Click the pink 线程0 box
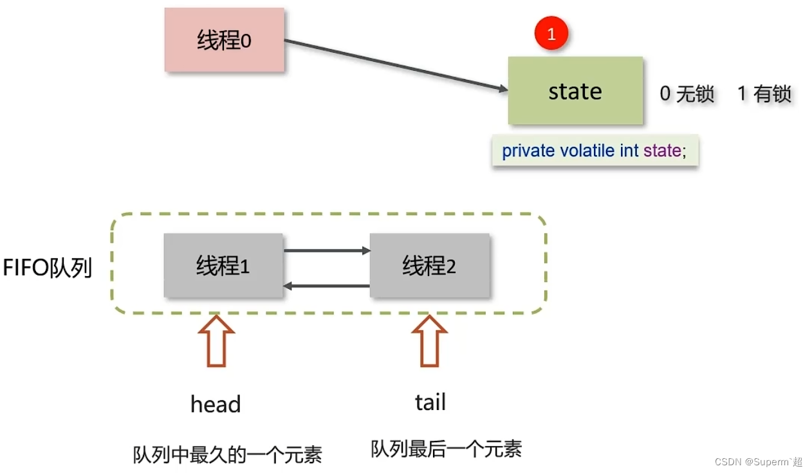pyautogui.click(x=224, y=40)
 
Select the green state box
pyautogui.click(x=575, y=91)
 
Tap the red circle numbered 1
pyautogui.click(x=551, y=34)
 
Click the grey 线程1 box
pyautogui.click(x=223, y=265)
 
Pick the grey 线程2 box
pyautogui.click(x=429, y=265)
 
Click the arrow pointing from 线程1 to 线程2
pyautogui.click(x=327, y=250)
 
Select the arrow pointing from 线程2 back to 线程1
pyautogui.click(x=327, y=285)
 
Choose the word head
pyautogui.click(x=216, y=405)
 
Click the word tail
pyautogui.click(x=430, y=403)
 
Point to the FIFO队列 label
pyautogui.click(x=48, y=268)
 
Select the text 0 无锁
pyautogui.click(x=687, y=94)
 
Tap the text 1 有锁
pyautogui.click(x=764, y=94)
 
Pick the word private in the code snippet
pyautogui.click(x=528, y=151)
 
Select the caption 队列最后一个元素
pyautogui.click(x=446, y=449)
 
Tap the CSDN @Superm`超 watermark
pyautogui.click(x=766, y=462)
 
